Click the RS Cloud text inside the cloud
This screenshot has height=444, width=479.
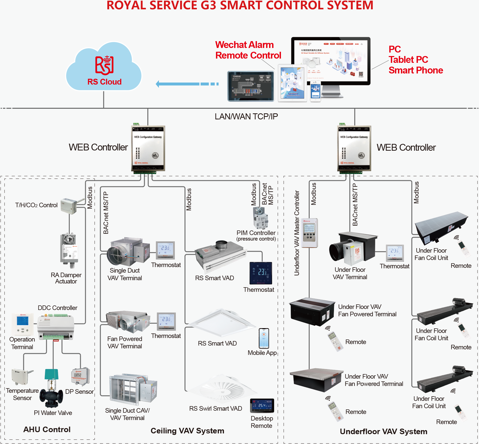pyautogui.click(x=104, y=82)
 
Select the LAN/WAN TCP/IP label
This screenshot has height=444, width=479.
pyautogui.click(x=246, y=117)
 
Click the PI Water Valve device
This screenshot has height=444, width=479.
pyautogui.click(x=52, y=389)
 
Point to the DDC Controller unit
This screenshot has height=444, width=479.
pyautogui.click(x=56, y=327)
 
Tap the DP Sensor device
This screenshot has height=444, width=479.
pyautogui.click(x=81, y=376)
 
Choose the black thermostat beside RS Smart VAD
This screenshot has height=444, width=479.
pyautogui.click(x=261, y=273)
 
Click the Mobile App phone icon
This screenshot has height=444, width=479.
pyautogui.click(x=264, y=338)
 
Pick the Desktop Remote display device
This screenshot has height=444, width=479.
pyautogui.click(x=262, y=406)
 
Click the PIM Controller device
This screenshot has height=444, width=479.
pyautogui.click(x=260, y=217)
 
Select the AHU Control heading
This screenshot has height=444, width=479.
pyautogui.click(x=47, y=429)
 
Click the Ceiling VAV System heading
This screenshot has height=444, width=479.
pyautogui.click(x=187, y=431)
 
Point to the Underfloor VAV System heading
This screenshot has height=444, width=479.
pyautogui.click(x=383, y=431)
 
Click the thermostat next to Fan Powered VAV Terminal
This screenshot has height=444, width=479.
pyautogui.click(x=166, y=321)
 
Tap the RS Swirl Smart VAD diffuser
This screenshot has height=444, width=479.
pyautogui.click(x=222, y=389)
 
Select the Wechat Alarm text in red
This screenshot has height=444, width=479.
pyautogui.click(x=244, y=45)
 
